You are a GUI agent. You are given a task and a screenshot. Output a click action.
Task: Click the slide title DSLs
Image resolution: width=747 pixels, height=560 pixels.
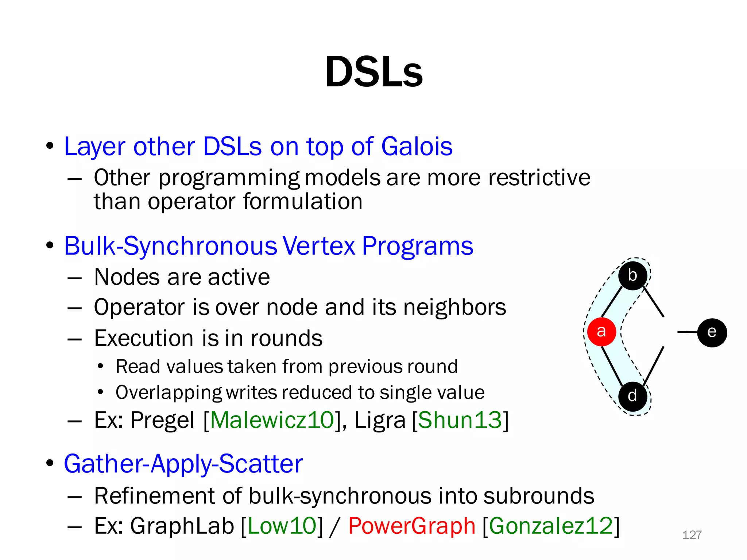coord(373,72)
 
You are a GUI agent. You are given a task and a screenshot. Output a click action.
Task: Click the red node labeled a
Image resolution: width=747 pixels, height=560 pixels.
coord(601,331)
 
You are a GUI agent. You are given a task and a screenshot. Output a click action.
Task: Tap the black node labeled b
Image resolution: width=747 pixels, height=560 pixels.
coord(632,276)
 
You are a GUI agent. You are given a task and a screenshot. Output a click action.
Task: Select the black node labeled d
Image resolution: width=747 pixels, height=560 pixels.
coord(632,396)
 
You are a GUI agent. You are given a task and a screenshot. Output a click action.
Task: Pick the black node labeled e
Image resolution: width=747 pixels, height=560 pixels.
coord(712,332)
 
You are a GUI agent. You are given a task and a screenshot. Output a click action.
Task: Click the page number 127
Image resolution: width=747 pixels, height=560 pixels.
coord(692,535)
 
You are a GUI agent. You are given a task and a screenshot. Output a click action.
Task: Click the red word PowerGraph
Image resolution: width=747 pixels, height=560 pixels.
coord(411,526)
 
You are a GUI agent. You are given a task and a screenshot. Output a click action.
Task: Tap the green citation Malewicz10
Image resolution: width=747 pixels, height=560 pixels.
coord(272,420)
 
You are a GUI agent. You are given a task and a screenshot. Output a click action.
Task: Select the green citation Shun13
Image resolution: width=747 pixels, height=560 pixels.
coord(460,420)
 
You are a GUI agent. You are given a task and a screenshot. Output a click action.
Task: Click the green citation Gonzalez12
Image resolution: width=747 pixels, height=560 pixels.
coord(551,526)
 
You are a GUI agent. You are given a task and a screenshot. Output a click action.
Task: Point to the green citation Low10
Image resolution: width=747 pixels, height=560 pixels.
coord(282,526)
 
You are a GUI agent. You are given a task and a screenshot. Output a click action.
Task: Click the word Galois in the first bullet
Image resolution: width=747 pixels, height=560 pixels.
coord(417,147)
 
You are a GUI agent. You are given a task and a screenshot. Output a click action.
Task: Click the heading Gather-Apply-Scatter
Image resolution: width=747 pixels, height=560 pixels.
coord(183,464)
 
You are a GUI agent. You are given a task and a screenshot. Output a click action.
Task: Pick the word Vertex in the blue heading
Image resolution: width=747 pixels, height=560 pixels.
coord(319,246)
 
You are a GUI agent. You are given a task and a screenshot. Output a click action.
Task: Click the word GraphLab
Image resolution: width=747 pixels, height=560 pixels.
coord(182,526)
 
